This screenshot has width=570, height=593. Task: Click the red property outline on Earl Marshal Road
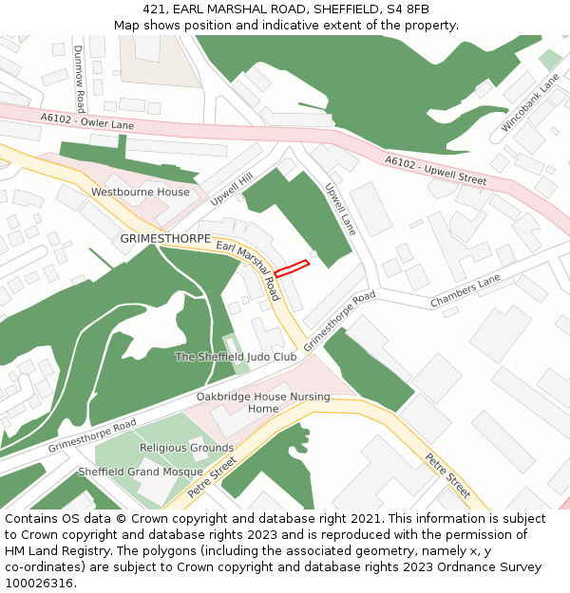point(292,268)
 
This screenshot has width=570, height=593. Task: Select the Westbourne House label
point(140,192)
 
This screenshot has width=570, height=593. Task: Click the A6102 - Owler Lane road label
point(87,121)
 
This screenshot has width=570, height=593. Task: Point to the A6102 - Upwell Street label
point(435,171)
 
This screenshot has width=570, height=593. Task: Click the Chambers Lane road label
point(465,291)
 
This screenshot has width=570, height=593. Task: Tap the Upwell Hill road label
point(232,189)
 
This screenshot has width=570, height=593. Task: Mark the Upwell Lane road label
point(340,209)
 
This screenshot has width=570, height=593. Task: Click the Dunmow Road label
point(80,78)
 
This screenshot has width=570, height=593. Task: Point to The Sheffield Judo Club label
point(236,357)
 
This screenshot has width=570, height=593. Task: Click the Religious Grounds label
point(186,447)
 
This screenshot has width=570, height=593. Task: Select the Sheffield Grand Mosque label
point(141,472)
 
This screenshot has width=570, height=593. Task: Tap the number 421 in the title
point(153,9)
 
